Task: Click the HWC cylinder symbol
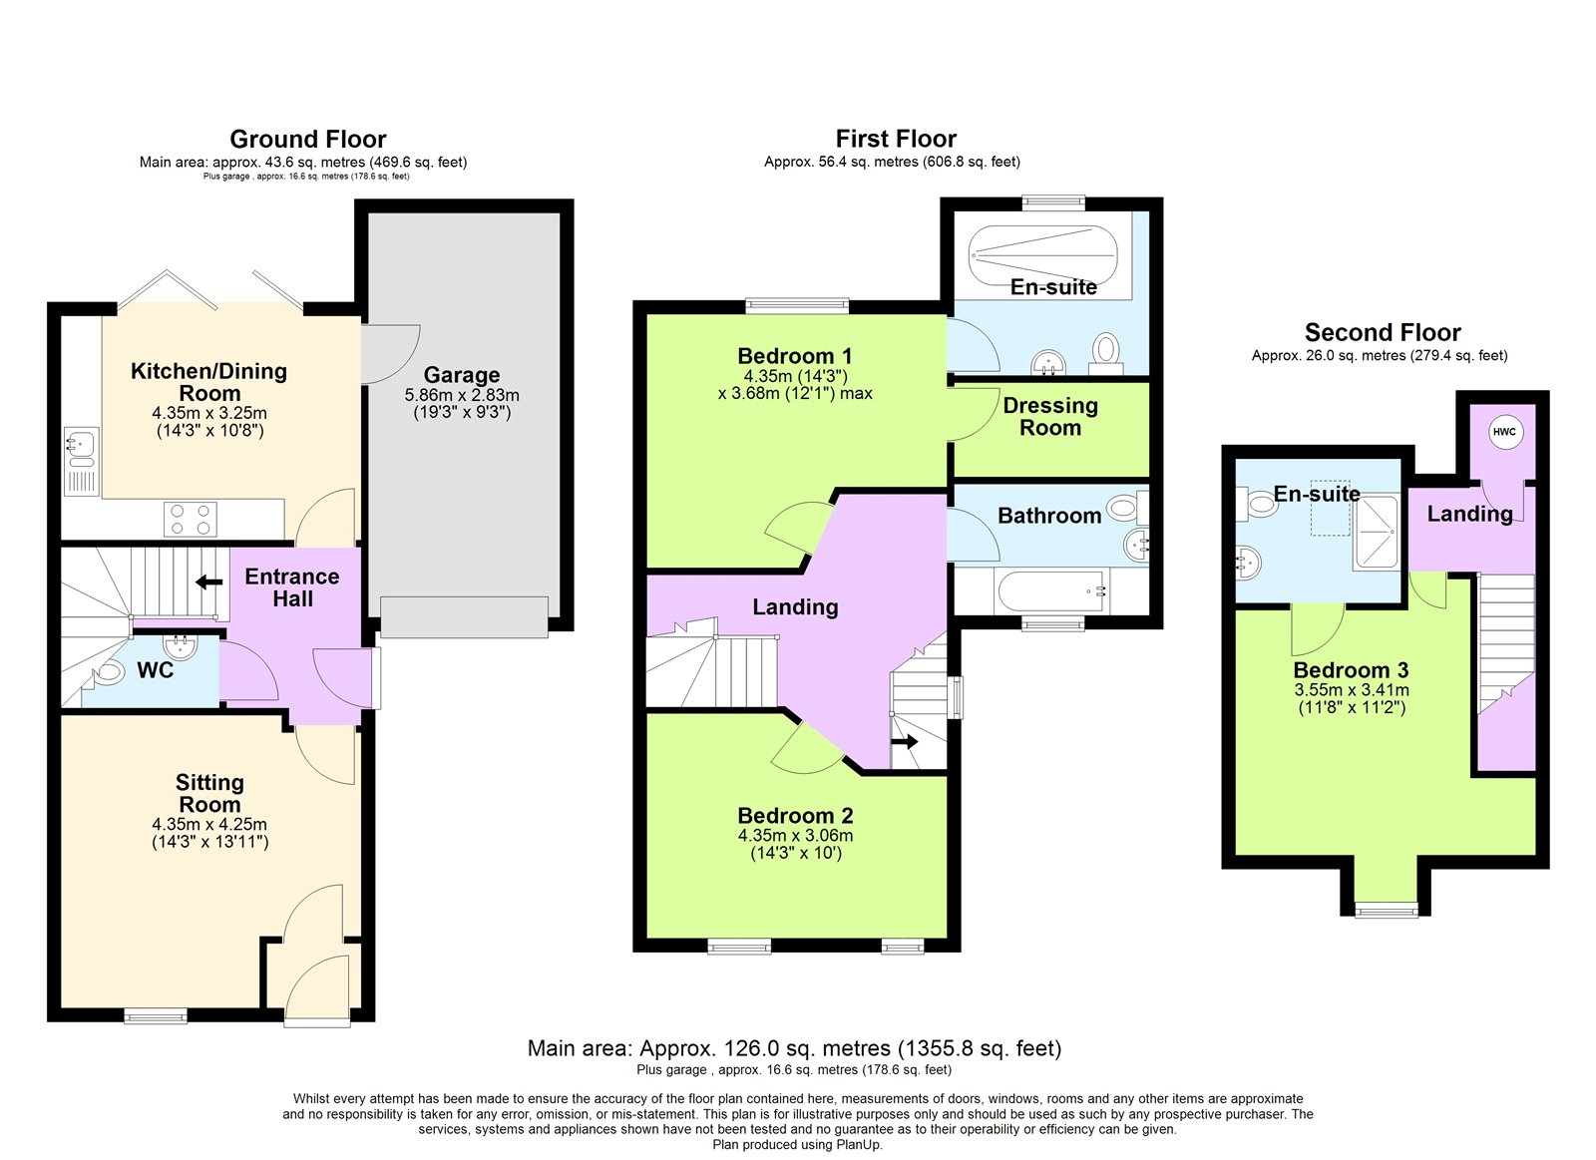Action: (1504, 432)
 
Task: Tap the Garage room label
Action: (461, 375)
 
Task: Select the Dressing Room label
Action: (1050, 417)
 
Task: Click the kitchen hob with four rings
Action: (190, 519)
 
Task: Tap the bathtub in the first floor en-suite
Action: (1047, 257)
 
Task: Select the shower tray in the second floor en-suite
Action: (1378, 534)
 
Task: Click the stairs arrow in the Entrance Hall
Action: (208, 581)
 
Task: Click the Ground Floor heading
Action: (307, 139)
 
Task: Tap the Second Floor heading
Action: (1382, 332)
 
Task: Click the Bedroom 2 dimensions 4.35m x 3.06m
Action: (795, 836)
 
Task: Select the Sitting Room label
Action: (209, 793)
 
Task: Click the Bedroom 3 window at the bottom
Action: (1386, 909)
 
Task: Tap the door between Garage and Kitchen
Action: (384, 351)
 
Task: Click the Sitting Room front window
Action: (156, 1015)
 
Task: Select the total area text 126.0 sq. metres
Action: (794, 1048)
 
